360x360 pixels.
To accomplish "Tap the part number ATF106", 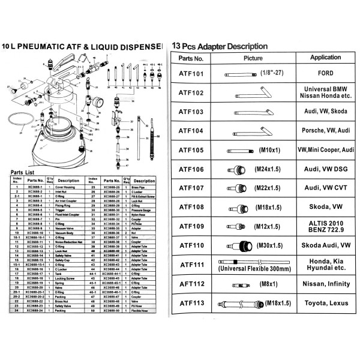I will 191,170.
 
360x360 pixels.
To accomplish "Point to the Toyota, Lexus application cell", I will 325,304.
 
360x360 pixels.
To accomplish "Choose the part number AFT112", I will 191,284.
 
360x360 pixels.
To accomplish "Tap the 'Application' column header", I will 325,58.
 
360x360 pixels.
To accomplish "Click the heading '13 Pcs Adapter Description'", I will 220,46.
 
